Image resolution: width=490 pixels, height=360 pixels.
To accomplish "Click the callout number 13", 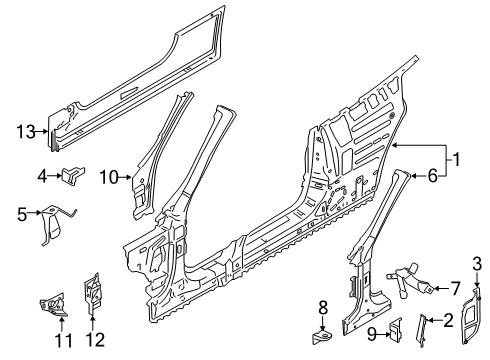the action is coord(26,132).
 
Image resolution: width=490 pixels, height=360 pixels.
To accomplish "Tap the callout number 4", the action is coord(42,176).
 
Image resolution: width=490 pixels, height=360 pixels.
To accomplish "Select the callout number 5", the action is coord(22,214).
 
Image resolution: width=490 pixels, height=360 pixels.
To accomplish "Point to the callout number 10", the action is coord(109,177).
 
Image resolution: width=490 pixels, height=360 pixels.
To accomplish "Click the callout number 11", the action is coord(63,340).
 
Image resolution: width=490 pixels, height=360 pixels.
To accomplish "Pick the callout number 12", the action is coord(96,340).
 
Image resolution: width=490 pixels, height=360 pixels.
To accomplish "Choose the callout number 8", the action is coord(323,308).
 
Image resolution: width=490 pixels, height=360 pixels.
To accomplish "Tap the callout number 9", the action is coord(371,334).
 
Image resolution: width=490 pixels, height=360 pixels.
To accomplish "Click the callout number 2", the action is coord(449,320).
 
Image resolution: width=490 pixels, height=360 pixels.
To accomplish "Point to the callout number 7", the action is coord(456,288).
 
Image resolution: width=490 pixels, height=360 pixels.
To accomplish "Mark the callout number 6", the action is coord(432,175).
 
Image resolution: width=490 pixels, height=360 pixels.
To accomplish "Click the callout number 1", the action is coord(456,159).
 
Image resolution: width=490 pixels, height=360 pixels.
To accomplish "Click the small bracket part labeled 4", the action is coord(73,174).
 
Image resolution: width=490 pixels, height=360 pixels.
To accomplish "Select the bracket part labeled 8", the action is coord(322,336).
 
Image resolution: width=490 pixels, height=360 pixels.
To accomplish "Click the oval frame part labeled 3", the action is coord(471,314).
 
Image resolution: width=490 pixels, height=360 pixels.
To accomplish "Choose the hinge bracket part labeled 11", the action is coord(53,305).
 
